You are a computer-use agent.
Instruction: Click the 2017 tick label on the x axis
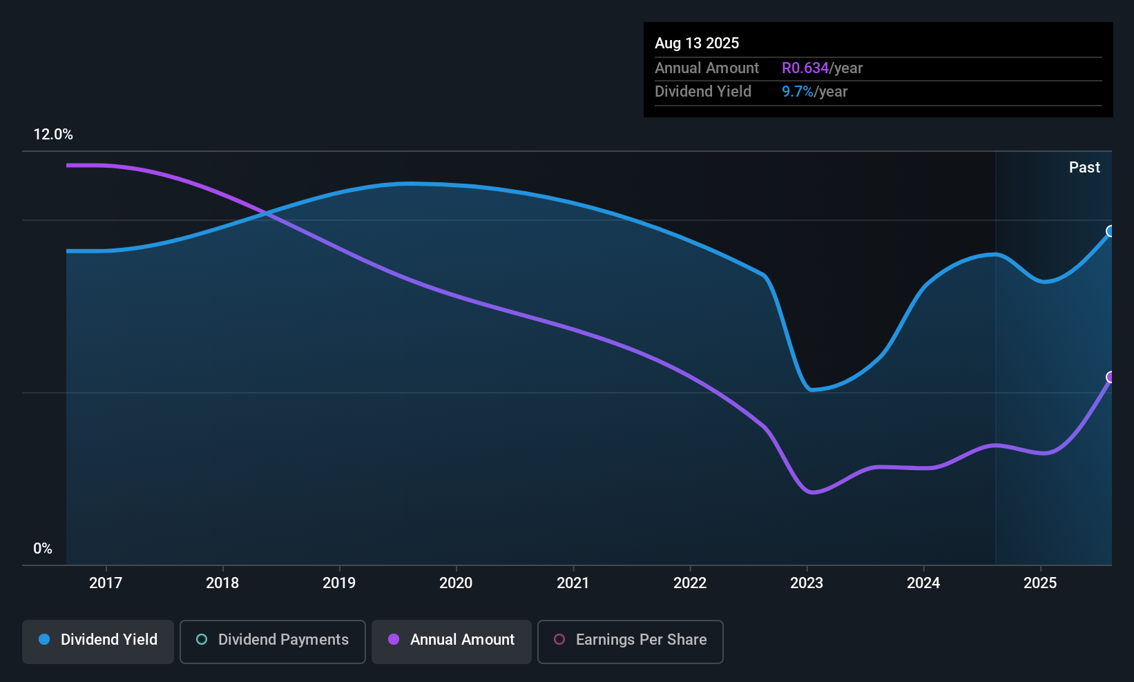tap(106, 583)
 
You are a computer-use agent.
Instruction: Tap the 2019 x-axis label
tap(339, 583)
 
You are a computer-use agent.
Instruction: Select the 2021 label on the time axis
tap(573, 583)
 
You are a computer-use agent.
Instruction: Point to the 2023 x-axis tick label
tap(807, 583)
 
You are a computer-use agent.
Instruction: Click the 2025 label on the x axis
tap(1040, 583)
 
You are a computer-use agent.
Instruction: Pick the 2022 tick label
tap(690, 583)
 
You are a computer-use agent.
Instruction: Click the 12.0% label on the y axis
tap(53, 135)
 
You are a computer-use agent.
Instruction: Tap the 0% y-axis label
tap(43, 549)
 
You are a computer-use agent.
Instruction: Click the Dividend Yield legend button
tap(97, 641)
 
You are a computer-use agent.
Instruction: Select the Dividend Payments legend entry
tap(272, 641)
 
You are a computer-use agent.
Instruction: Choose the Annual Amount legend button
tap(452, 641)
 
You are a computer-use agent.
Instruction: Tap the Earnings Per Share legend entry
tap(631, 641)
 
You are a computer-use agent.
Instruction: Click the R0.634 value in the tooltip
tap(805, 68)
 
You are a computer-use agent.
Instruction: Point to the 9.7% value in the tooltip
tap(798, 92)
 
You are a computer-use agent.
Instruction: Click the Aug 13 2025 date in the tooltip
tap(697, 43)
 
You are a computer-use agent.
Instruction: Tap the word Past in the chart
tap(1084, 168)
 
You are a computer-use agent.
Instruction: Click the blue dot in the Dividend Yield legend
tap(45, 639)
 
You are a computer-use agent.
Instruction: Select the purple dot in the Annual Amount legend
tap(394, 639)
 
